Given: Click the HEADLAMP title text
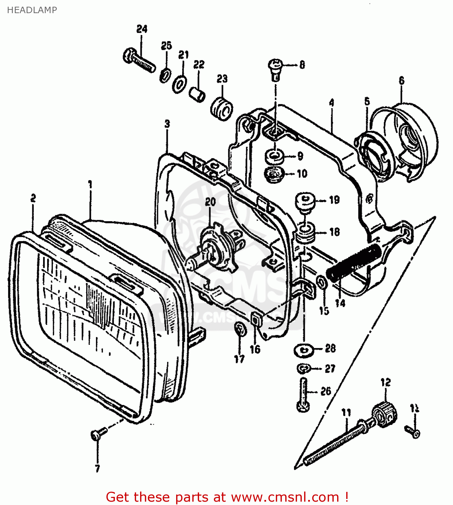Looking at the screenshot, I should coord(32,10).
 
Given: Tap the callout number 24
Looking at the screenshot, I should coord(142,29).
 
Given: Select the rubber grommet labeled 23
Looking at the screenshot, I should coord(222,109).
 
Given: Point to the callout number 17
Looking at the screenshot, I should coord(239,359).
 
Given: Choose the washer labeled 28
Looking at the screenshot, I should coord(304,350).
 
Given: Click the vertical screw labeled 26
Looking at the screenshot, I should coord(303,394).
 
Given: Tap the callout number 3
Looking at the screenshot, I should coord(167,124).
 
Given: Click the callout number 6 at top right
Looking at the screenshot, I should coord(401,80).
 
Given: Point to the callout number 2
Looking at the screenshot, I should coord(33,198).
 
